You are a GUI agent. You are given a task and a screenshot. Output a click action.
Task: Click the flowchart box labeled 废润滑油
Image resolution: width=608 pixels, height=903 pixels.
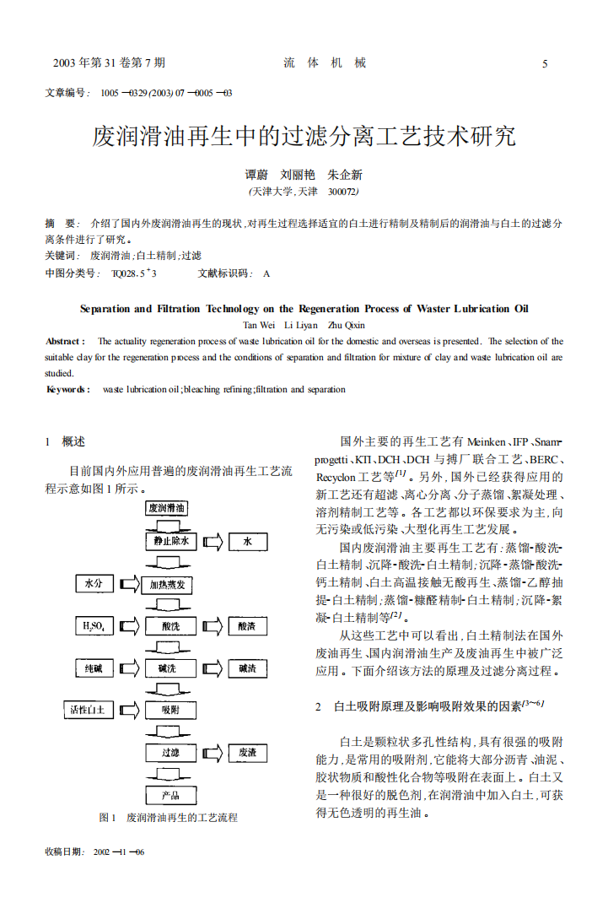tap(167, 508)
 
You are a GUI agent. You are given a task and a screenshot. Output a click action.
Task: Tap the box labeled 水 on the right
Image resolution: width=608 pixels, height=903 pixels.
tap(247, 541)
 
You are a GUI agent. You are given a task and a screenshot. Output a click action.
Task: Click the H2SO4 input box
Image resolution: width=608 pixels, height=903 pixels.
tap(94, 626)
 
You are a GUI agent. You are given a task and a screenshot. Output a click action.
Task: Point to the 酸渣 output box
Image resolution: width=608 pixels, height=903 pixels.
tap(247, 626)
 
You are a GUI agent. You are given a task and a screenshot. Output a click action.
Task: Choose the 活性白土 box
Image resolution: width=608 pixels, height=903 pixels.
tap(88, 710)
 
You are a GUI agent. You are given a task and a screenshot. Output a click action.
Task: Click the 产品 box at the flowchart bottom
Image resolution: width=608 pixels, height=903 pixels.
tap(170, 795)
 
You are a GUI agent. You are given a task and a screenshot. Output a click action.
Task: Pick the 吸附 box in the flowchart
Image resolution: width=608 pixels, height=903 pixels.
tap(170, 710)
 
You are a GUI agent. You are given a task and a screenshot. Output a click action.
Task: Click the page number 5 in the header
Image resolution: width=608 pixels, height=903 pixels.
tap(545, 64)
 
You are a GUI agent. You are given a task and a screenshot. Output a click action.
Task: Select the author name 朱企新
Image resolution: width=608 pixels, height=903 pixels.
tap(345, 175)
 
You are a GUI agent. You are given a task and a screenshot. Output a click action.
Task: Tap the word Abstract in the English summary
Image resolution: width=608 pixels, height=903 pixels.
tap(65, 341)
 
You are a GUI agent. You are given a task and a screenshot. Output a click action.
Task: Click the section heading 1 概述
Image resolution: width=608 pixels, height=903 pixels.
tap(65, 441)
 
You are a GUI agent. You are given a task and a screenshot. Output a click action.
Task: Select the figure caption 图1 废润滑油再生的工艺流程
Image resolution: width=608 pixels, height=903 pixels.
tap(168, 817)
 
